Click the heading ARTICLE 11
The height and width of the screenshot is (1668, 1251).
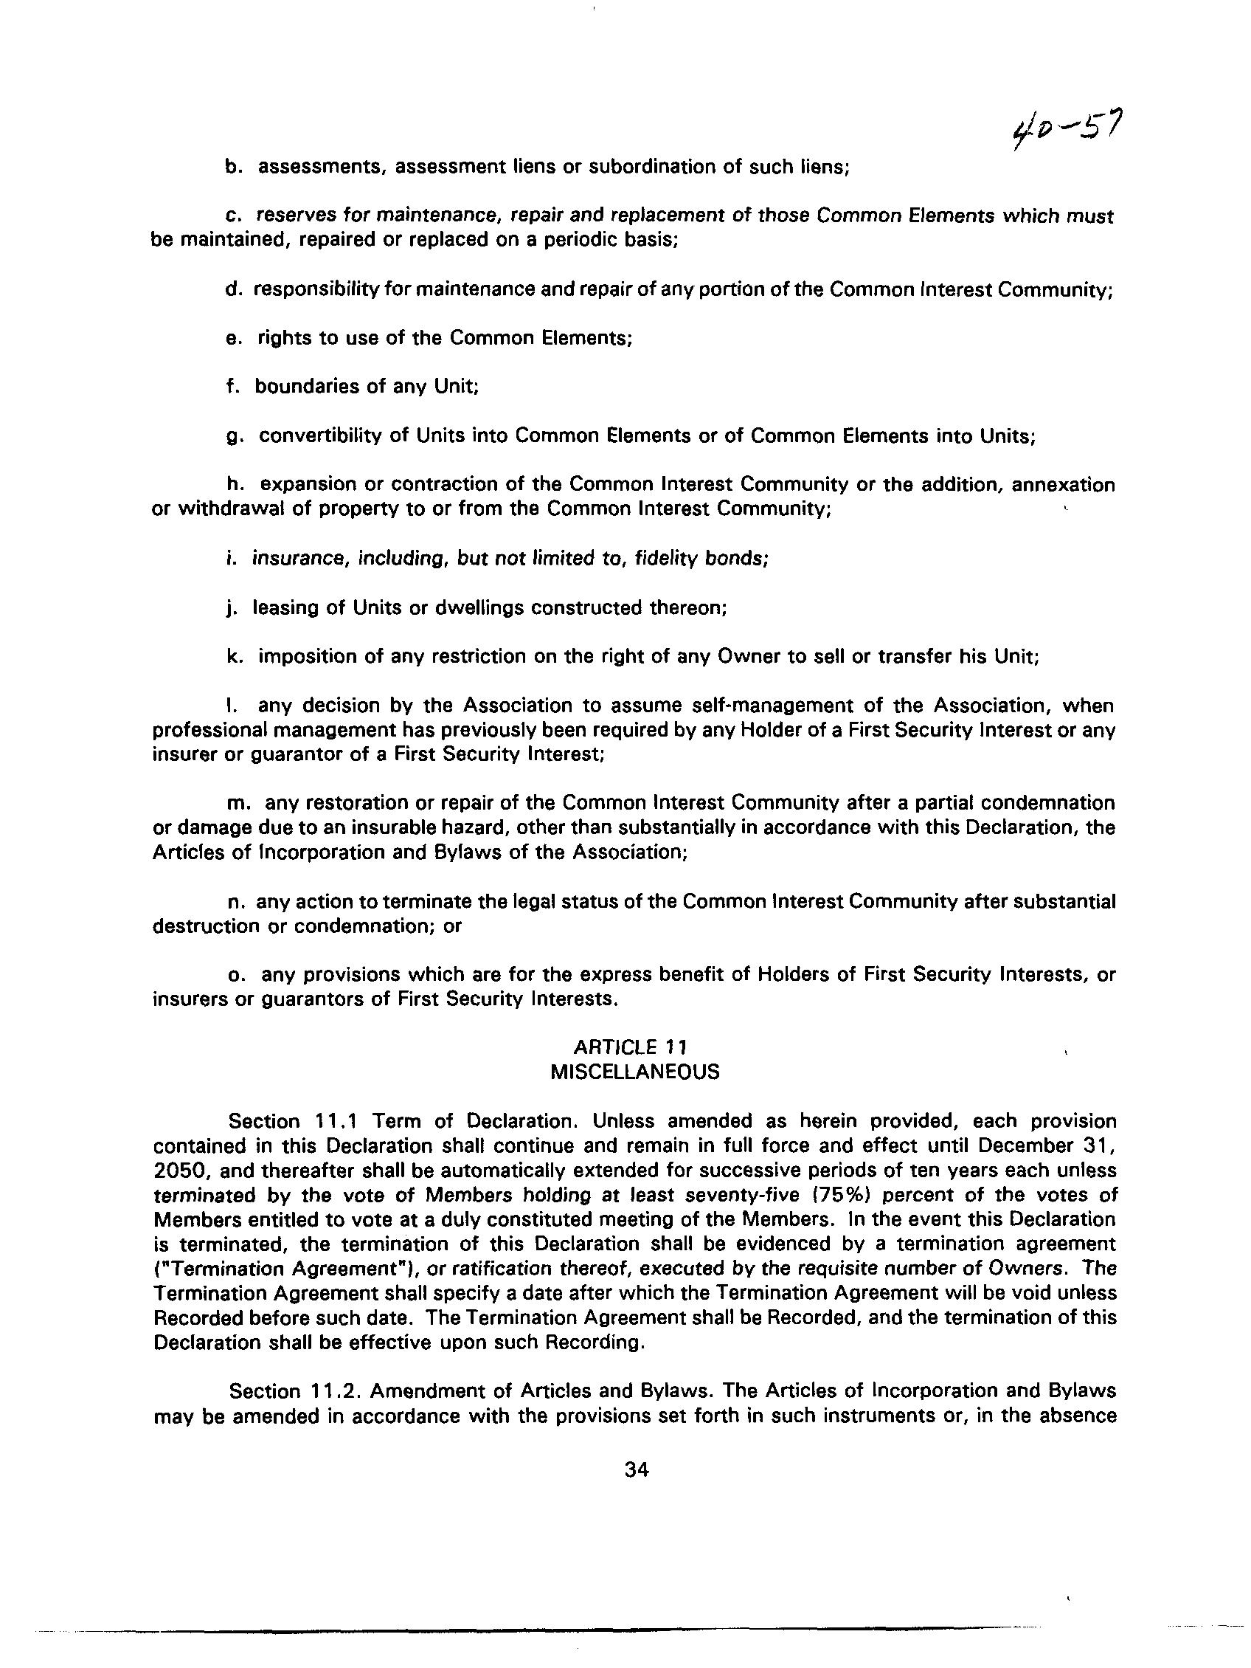[x=630, y=1047]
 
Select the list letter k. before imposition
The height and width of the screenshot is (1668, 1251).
[x=234, y=657]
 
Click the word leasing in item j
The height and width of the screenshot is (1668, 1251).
[x=283, y=607]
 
